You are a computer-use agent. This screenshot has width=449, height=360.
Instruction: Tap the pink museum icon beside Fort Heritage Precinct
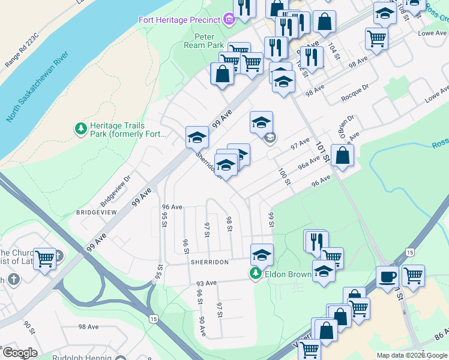click(228, 20)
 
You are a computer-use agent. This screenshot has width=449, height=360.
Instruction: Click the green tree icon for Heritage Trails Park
click(80, 128)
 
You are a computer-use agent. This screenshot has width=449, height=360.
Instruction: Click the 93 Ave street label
click(205, 283)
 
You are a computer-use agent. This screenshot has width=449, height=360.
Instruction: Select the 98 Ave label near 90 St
click(88, 327)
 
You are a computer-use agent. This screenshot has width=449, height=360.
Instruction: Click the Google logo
click(20, 352)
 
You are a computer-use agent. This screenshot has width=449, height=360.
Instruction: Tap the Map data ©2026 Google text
click(412, 355)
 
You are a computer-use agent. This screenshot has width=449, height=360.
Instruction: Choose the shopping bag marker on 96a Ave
click(342, 155)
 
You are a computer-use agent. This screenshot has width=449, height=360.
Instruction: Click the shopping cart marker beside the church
click(45, 259)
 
